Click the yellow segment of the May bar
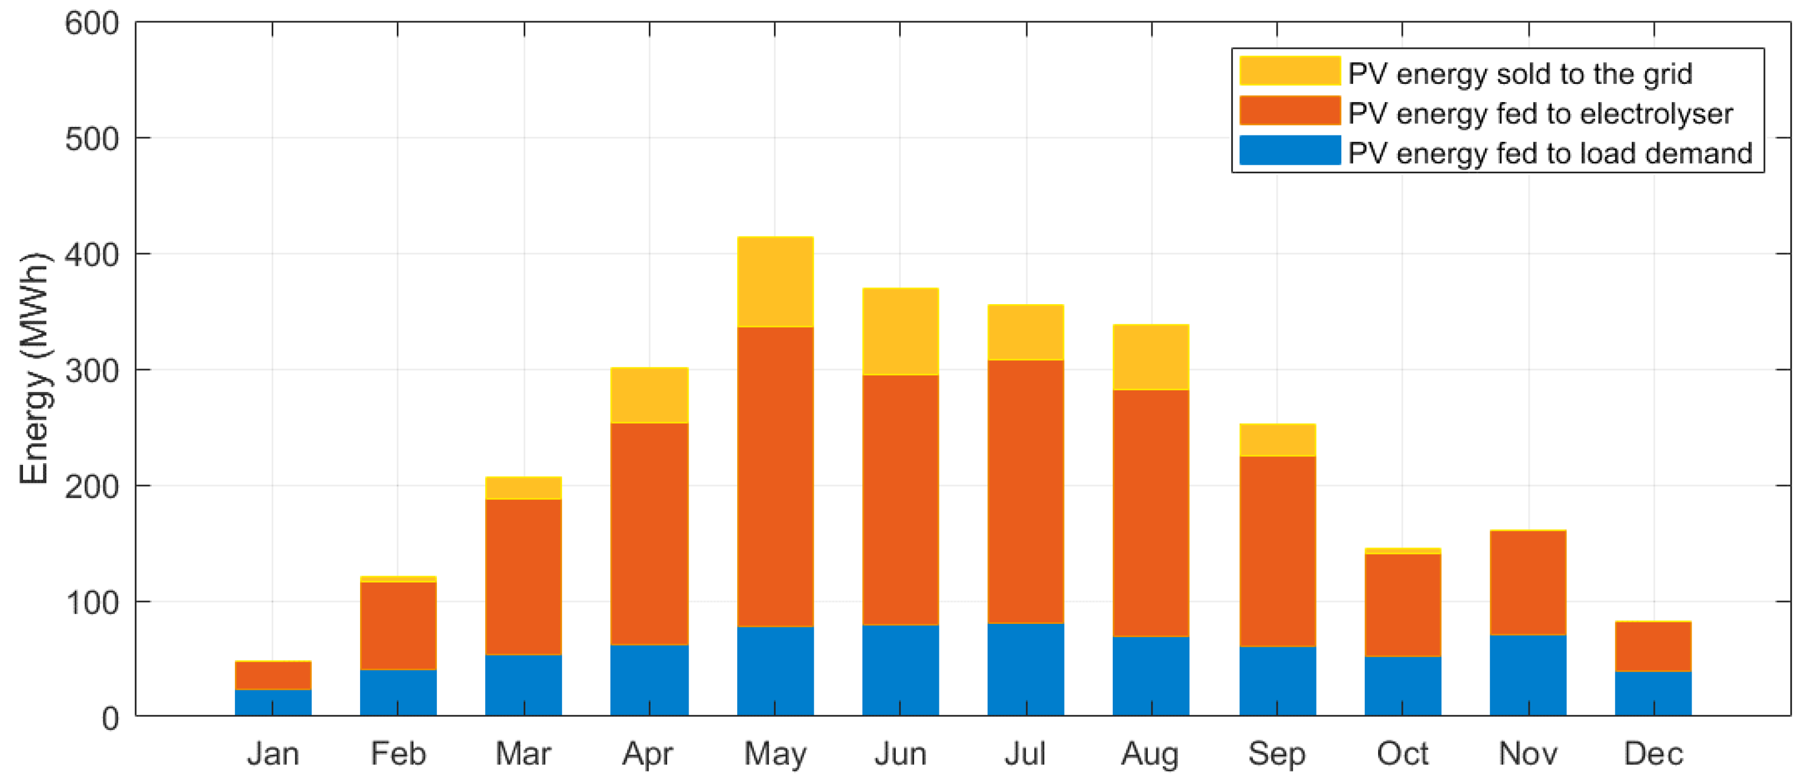[x=775, y=282]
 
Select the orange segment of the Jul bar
[x=1026, y=491]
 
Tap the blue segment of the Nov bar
[x=1528, y=674]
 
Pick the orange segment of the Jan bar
[x=273, y=676]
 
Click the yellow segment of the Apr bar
[x=649, y=395]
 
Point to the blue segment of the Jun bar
[x=900, y=670]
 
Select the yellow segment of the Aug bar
[x=1151, y=357]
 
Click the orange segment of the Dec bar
[x=1653, y=646]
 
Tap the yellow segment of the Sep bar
[x=1276, y=440]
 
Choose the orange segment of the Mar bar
[x=523, y=576]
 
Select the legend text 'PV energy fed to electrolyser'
[x=1540, y=114]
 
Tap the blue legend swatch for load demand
[x=1289, y=151]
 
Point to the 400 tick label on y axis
[x=92, y=255]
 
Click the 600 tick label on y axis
[x=92, y=24]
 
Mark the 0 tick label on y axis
[x=110, y=718]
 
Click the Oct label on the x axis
[x=1402, y=754]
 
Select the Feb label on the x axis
[x=398, y=754]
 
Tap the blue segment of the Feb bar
[x=398, y=692]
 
